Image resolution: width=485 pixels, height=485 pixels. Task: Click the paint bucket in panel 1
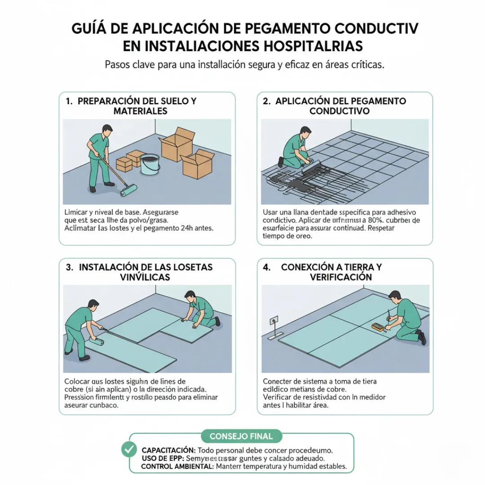(x=150, y=164)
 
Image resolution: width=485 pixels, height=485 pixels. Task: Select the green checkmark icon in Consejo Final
(x=129, y=449)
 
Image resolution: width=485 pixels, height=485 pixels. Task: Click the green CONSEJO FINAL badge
(x=241, y=436)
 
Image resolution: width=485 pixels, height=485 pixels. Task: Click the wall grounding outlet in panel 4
(x=273, y=321)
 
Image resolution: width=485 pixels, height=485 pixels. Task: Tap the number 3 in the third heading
(x=69, y=267)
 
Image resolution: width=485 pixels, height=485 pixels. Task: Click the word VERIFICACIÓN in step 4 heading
(x=341, y=277)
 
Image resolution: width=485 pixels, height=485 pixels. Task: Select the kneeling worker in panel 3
(x=200, y=310)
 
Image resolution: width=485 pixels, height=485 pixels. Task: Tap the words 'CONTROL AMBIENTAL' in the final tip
(x=177, y=467)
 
